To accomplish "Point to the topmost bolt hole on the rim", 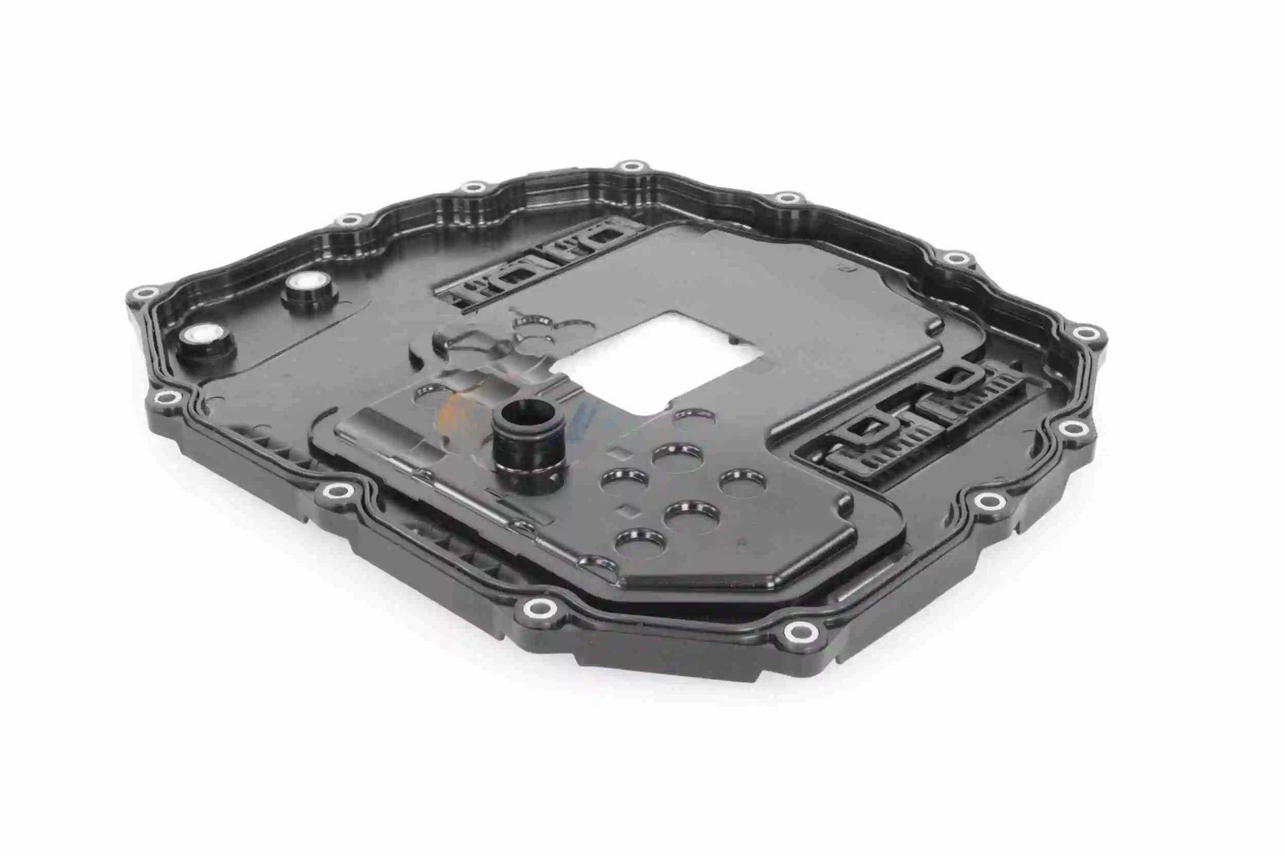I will click(x=632, y=165).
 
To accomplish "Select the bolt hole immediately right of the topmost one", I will click(x=787, y=198).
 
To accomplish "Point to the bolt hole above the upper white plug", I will click(x=348, y=220).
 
